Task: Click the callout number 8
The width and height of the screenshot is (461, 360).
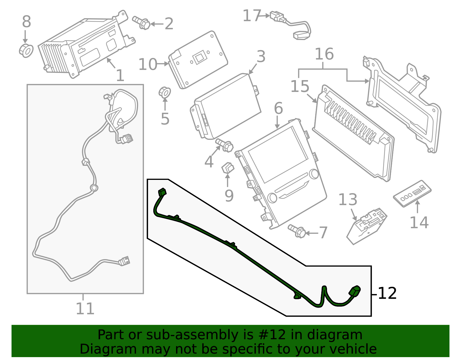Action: point(27,21)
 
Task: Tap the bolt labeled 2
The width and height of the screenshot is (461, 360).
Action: point(141,23)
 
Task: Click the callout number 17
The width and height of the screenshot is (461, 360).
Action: point(252,16)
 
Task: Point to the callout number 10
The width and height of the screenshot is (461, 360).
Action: point(148,64)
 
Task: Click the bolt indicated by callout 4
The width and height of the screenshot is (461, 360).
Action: point(224,145)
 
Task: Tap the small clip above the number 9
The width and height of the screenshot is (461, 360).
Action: point(228,168)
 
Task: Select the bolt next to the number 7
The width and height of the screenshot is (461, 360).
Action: point(297,231)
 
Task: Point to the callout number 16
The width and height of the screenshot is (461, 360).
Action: point(324,54)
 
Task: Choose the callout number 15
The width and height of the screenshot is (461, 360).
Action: point(300,86)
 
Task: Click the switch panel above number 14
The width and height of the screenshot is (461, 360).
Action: point(412,193)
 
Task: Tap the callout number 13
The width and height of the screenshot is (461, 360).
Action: point(348,200)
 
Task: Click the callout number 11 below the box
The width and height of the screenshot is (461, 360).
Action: point(85,309)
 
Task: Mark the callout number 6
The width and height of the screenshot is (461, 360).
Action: point(278,108)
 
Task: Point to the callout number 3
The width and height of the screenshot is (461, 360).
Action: point(261,57)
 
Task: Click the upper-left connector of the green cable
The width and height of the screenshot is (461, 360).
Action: point(162,192)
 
